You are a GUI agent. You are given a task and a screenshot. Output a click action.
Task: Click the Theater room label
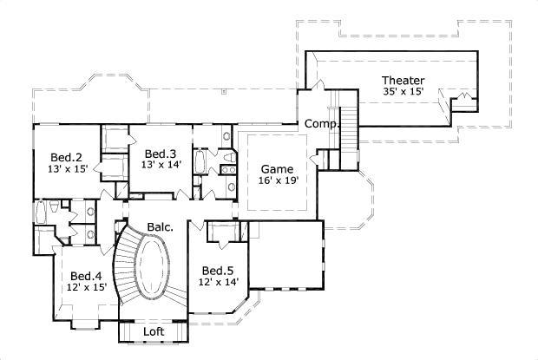403,80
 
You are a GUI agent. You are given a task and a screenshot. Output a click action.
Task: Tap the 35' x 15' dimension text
403,92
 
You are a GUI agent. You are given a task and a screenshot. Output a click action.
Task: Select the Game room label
278,168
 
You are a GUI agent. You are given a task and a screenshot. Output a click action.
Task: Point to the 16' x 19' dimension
278,180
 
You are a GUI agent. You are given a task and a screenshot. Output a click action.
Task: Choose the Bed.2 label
66,157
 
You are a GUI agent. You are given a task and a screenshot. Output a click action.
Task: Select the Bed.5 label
218,270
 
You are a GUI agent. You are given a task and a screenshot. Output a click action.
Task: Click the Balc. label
160,227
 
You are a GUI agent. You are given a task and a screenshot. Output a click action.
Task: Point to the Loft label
154,332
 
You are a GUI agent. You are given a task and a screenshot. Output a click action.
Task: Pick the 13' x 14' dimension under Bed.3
162,165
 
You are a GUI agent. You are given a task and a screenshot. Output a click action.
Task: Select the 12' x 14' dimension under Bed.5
218,282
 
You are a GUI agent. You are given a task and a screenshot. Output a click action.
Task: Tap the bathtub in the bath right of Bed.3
200,162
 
